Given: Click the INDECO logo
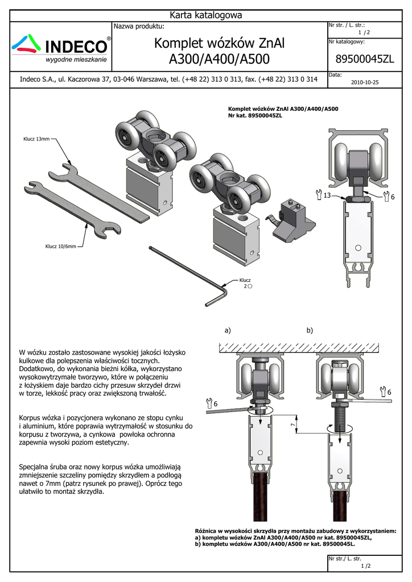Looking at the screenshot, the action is point(61,48).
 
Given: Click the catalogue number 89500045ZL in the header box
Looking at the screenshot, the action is point(365,59).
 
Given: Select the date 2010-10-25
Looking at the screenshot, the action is point(365,82).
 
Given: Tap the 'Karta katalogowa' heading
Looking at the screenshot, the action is point(206,15).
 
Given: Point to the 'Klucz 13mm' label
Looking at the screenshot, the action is point(36,139).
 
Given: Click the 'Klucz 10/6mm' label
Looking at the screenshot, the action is point(60,246).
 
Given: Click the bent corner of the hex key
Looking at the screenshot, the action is point(224,288).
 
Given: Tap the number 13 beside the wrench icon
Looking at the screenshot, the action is point(327,196).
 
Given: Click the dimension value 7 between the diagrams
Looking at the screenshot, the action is point(292,424).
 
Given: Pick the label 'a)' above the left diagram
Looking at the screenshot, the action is point(228,330).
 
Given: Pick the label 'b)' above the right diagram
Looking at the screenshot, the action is point(310,330).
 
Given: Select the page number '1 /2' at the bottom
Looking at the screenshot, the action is point(366,566).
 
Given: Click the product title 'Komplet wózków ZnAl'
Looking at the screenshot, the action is point(219,43).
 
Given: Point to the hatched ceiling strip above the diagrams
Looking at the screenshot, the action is point(299,348).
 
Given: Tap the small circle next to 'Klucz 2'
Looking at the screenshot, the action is point(250,286).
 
